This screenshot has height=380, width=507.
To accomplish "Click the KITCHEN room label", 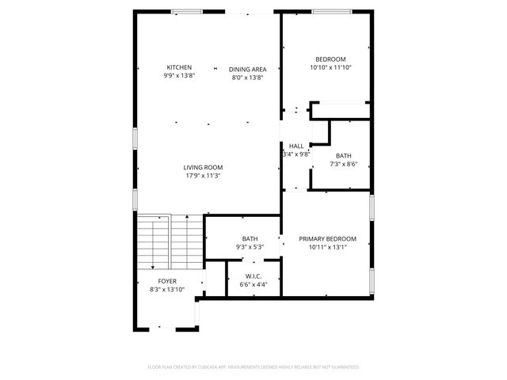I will [x=179, y=67].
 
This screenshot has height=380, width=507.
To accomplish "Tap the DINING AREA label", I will [x=247, y=69].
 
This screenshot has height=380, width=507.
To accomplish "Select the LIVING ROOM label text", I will [x=203, y=167].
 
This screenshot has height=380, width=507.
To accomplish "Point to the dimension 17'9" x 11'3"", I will [x=203, y=176].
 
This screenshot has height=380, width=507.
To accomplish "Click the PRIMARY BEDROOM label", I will [x=327, y=238].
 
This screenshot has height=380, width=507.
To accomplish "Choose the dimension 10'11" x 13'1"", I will [x=327, y=247].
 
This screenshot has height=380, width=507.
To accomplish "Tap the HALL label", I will [x=296, y=146].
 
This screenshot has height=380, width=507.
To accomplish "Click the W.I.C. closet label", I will [x=253, y=275].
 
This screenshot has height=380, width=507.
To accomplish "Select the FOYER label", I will [x=167, y=281].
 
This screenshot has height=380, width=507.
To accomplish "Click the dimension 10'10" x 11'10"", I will [x=331, y=68].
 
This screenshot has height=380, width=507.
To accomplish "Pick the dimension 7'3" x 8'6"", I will [x=343, y=164].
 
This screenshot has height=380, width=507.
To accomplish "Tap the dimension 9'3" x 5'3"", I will [x=250, y=247].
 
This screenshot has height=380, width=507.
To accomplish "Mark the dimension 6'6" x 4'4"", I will [x=253, y=284].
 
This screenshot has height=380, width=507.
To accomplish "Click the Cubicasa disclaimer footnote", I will [x=253, y=367].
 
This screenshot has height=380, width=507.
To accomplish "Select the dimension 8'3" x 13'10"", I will [x=167, y=290].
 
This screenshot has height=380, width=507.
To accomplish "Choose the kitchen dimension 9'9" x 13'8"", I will [x=179, y=76].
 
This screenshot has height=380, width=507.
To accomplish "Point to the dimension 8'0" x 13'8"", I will [x=247, y=78].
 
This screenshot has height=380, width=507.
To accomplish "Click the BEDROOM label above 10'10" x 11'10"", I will [x=331, y=59].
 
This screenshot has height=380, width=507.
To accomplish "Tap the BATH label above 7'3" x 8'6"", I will [x=343, y=155].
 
